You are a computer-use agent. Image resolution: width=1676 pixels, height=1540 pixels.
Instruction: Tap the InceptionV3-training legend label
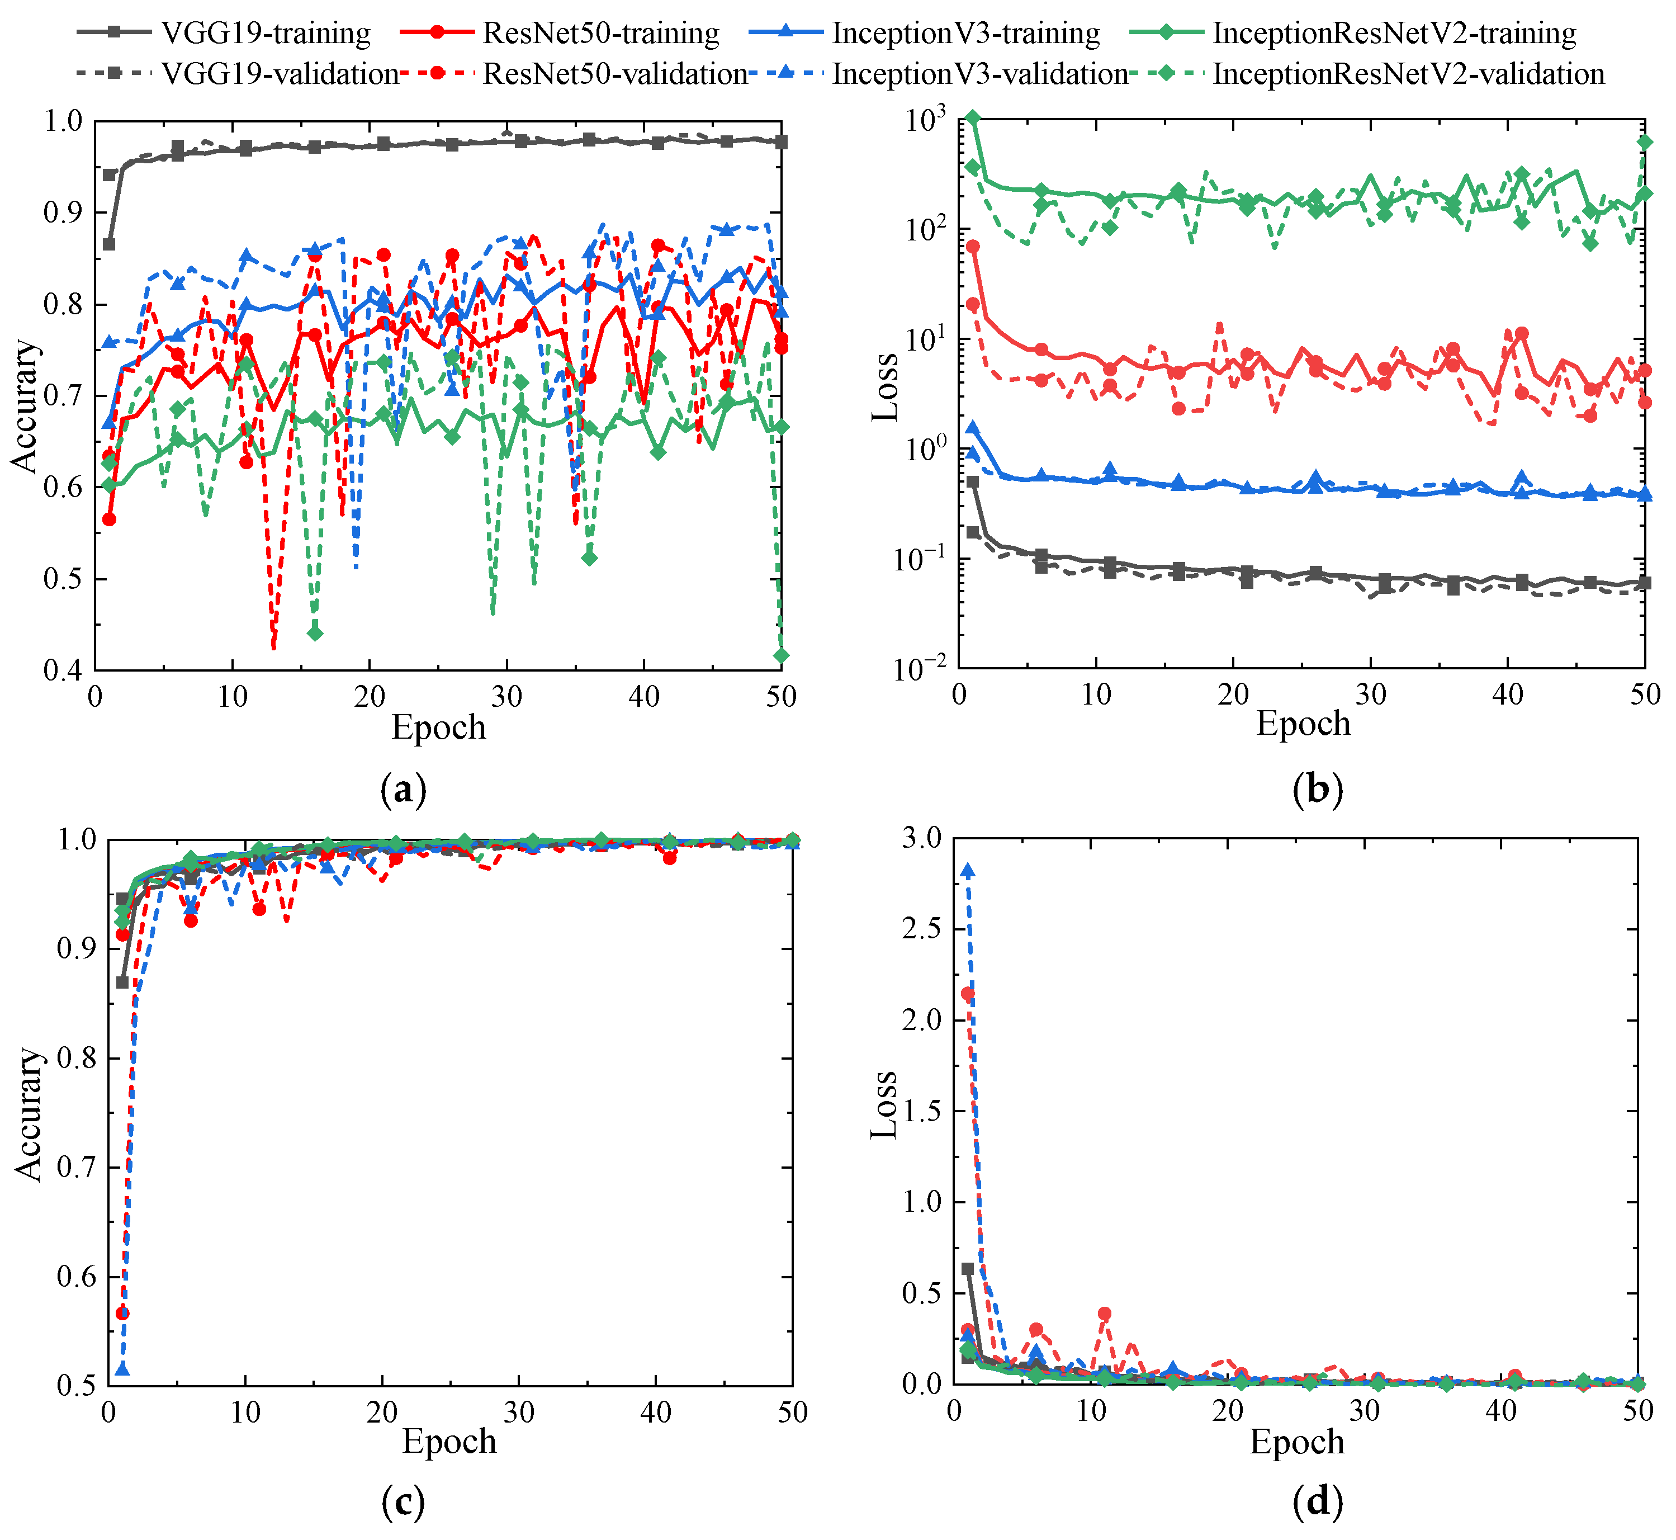pos(966,34)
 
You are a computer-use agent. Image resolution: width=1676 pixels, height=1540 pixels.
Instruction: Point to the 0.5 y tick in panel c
pos(77,1386)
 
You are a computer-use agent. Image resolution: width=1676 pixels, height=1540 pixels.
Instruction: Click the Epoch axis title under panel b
pos(1303,724)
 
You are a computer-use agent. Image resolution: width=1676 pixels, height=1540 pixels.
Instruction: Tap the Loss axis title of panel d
pos(884,1105)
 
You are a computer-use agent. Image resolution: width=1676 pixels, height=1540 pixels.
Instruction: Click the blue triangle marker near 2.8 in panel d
pos(967,871)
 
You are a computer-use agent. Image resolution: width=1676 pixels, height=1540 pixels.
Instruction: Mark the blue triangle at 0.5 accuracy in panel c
pos(122,1369)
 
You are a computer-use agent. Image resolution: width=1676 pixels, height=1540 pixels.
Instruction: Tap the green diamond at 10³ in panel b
pos(973,119)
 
